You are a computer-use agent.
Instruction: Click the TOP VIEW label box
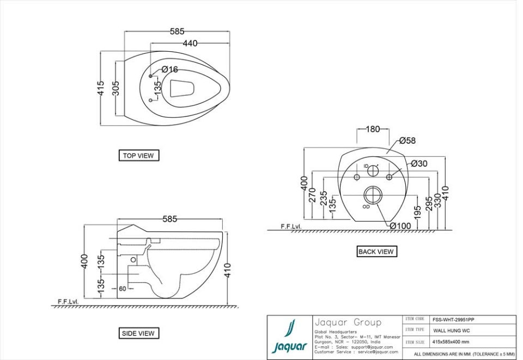pyautogui.click(x=138, y=156)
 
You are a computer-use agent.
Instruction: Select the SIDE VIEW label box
pyautogui.click(x=138, y=333)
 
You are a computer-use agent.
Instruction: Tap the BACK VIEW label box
pyautogui.click(x=376, y=252)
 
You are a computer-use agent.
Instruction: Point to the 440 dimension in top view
pyautogui.click(x=190, y=44)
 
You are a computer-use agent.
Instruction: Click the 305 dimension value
pyautogui.click(x=116, y=88)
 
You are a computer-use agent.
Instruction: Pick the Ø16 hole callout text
pyautogui.click(x=169, y=70)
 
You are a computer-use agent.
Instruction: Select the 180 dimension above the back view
pyautogui.click(x=373, y=129)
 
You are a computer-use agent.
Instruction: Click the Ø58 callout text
pyautogui.click(x=407, y=141)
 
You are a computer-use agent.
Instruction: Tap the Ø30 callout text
pyautogui.click(x=419, y=163)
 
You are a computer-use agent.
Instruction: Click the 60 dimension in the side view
pyautogui.click(x=123, y=289)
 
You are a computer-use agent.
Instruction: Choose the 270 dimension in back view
pyautogui.click(x=313, y=194)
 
